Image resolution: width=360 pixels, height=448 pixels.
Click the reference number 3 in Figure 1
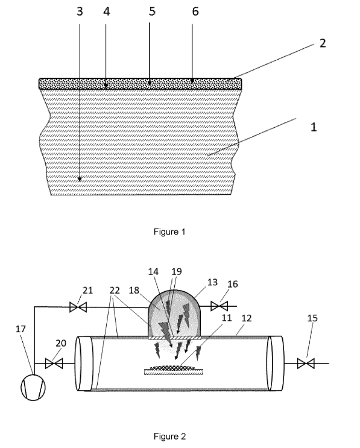(x=80, y=11)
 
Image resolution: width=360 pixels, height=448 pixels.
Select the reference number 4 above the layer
(x=107, y=11)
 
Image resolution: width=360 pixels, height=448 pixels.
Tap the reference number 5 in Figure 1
(x=152, y=11)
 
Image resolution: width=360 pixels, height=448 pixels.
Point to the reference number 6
(x=195, y=11)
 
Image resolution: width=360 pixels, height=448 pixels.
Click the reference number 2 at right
(x=323, y=43)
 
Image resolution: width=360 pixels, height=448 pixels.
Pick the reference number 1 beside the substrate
(x=314, y=127)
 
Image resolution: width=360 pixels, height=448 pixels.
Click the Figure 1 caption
(x=169, y=232)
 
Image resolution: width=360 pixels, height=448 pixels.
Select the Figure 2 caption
(x=169, y=437)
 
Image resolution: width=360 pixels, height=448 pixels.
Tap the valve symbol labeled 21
(x=78, y=308)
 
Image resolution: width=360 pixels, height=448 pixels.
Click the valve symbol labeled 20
(x=54, y=364)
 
